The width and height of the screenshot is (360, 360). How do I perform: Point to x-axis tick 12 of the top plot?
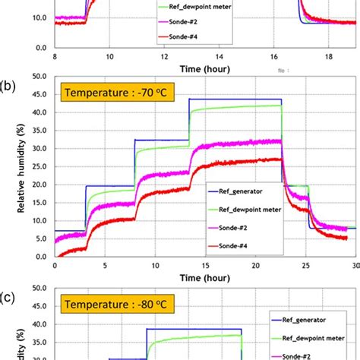tap(165, 56)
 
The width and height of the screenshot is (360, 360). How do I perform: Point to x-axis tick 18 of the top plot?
tap(329, 56)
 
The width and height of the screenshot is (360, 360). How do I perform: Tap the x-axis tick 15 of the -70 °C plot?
tap(206, 266)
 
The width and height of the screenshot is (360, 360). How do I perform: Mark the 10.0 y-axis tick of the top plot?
tap(41, 17)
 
